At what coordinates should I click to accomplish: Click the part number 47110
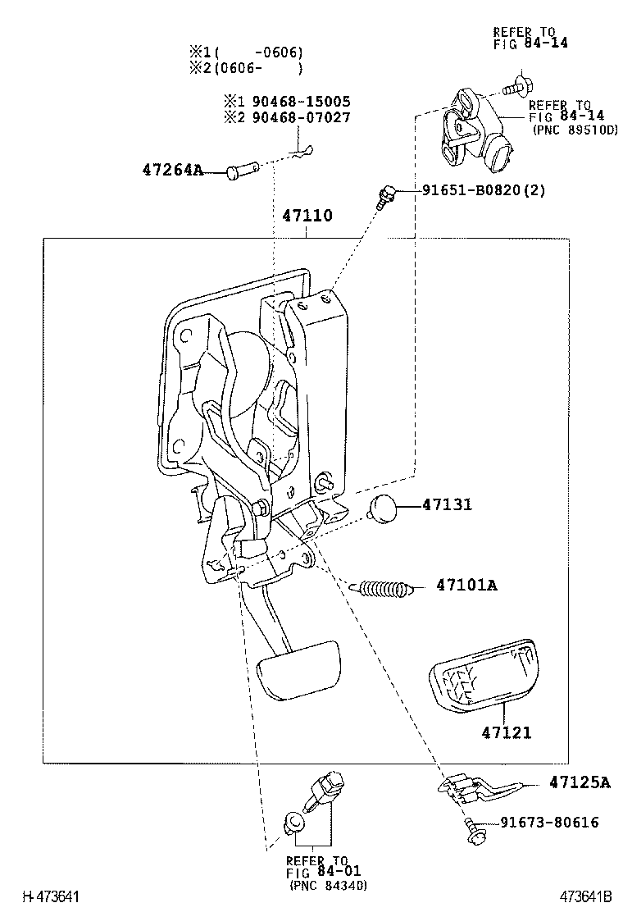307,217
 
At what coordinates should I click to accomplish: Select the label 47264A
172,171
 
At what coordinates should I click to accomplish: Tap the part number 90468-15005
299,102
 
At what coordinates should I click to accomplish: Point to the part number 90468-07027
299,117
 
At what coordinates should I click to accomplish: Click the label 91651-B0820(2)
484,190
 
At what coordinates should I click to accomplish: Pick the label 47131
447,505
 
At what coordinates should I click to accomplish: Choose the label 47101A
466,586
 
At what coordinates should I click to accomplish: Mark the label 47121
506,732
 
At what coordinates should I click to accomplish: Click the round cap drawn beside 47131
382,508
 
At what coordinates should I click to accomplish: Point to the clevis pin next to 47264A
243,171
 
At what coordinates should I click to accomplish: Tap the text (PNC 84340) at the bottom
328,886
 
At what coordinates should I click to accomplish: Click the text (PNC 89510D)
575,130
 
